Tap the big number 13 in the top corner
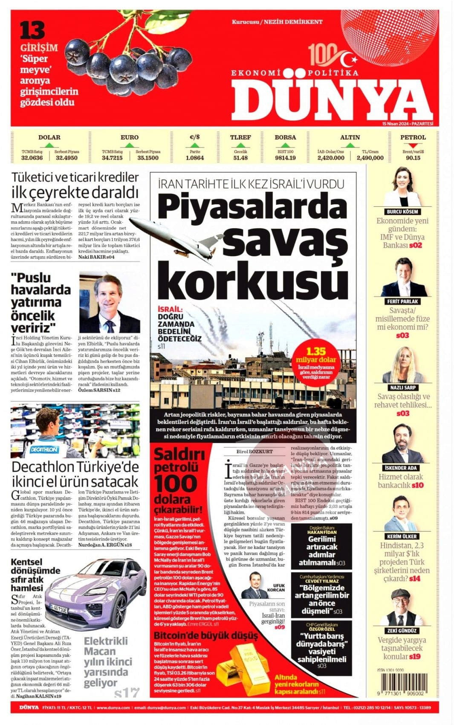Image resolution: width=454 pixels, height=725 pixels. tap(32, 31)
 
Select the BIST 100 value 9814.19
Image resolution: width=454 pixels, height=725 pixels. tap(285, 158)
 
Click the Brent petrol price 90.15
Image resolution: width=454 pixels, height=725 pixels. tap(413, 158)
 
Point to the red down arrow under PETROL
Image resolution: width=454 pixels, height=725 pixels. tap(413, 145)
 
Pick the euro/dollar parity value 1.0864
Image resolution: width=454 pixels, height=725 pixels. tap(195, 158)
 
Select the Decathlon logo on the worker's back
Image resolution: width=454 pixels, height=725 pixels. tap(44, 449)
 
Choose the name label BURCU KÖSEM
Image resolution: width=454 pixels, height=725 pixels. tap(402, 212)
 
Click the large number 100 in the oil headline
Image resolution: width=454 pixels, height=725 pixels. tap(175, 484)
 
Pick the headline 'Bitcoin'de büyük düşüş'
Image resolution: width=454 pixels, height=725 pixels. tap(205, 635)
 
